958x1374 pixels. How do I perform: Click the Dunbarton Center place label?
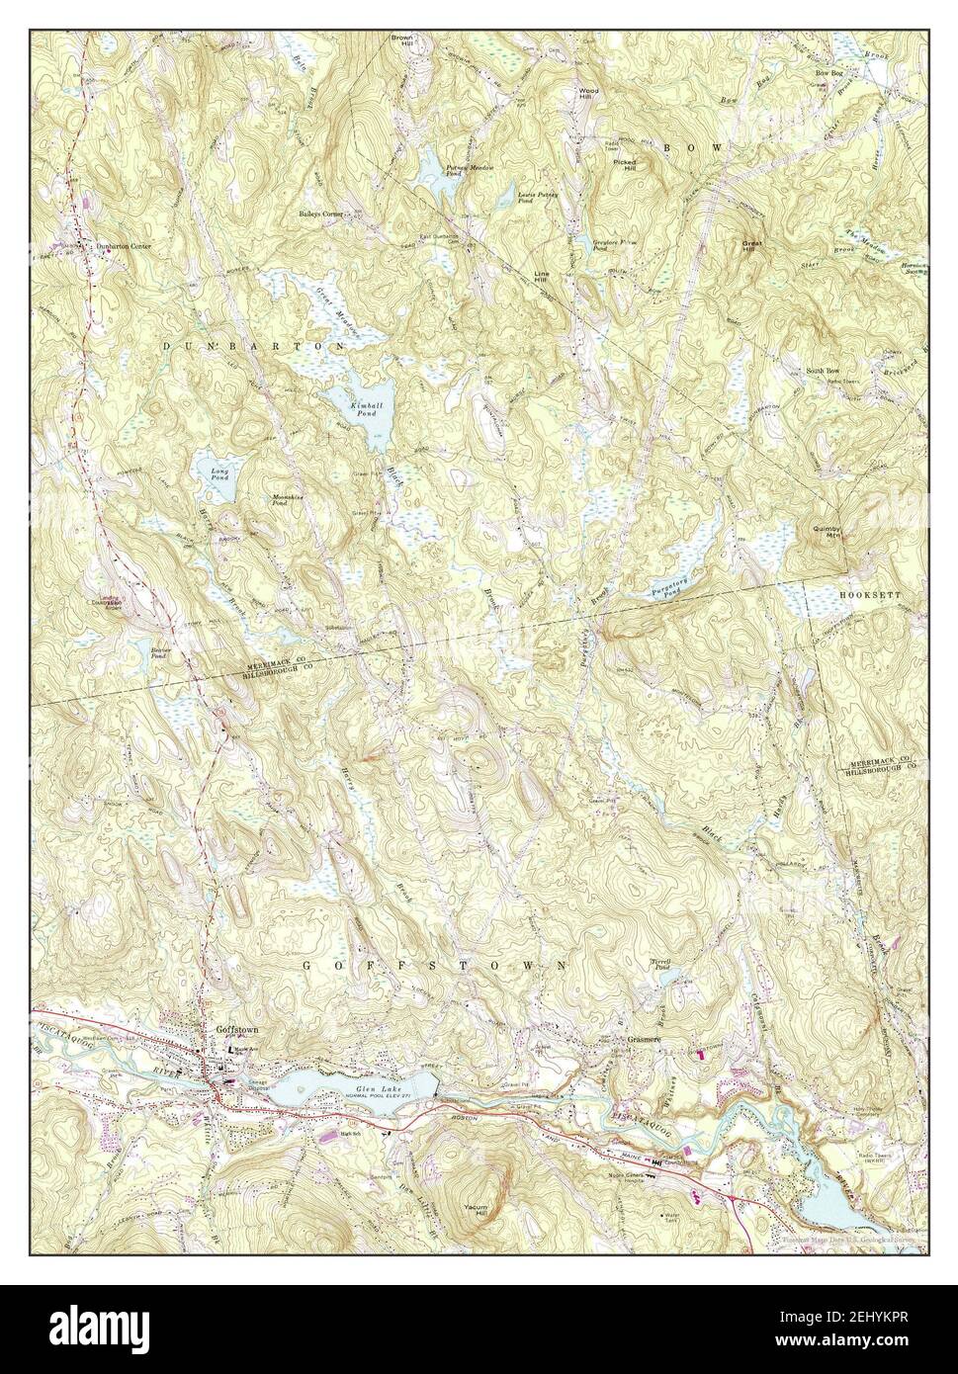tap(124, 246)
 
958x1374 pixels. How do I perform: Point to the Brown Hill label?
tap(401, 41)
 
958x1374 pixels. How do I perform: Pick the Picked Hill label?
tap(624, 163)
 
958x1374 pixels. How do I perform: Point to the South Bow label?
tap(822, 370)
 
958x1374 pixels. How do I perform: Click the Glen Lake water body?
tap(356, 1090)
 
